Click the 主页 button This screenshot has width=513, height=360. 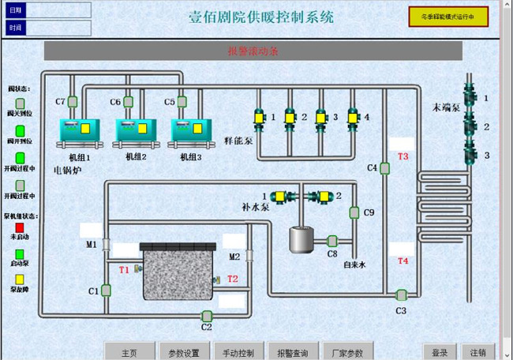pos(129,352)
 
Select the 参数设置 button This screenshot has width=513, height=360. pos(184,352)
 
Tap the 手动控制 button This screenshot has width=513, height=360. pos(238,352)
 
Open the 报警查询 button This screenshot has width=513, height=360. pos(293,352)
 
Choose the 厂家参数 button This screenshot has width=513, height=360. pos(347,352)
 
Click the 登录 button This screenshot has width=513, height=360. pos(440,352)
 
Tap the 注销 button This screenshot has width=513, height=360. pos(478,352)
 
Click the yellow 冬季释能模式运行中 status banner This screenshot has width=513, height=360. pos(447,16)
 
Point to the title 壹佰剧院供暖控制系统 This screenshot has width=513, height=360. pos(261,17)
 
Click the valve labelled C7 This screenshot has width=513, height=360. pos(72,101)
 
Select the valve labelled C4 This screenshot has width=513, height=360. pos(385,167)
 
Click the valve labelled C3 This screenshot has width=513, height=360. pos(401,295)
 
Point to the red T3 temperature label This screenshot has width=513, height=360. pos(403,156)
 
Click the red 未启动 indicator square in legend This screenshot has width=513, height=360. pos(20,227)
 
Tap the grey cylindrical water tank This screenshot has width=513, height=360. pos(299,239)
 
